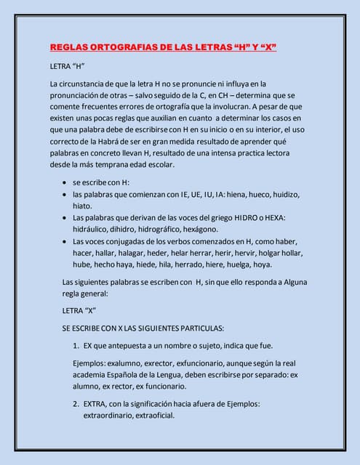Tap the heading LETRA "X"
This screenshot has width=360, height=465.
(79, 310)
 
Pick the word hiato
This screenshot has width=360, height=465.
(83, 206)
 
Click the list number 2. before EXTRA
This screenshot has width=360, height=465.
(76, 404)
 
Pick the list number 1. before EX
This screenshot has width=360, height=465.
(76, 345)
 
